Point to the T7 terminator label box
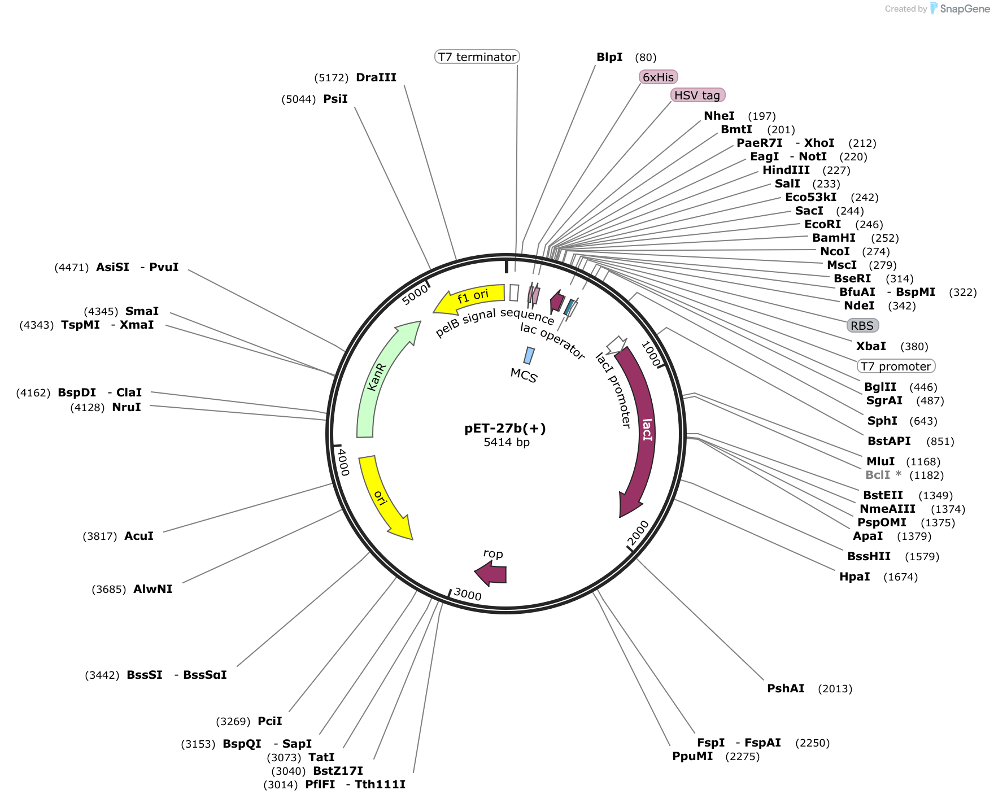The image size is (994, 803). click(477, 56)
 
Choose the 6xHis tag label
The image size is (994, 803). click(658, 77)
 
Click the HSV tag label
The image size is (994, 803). click(697, 95)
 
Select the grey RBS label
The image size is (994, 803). click(862, 325)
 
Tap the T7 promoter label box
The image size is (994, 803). click(896, 366)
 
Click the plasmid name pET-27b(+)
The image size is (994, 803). click(505, 428)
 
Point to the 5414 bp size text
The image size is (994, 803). click(507, 442)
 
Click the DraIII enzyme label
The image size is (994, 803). click(376, 77)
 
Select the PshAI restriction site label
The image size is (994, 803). click(786, 688)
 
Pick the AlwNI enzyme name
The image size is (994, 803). click(153, 589)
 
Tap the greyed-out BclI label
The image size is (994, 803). click(878, 475)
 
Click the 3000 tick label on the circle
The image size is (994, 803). click(468, 594)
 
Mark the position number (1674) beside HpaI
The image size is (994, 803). click(901, 577)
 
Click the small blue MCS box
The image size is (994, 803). click(529, 355)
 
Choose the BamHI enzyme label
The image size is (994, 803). click(834, 238)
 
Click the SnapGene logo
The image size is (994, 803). click(960, 8)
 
